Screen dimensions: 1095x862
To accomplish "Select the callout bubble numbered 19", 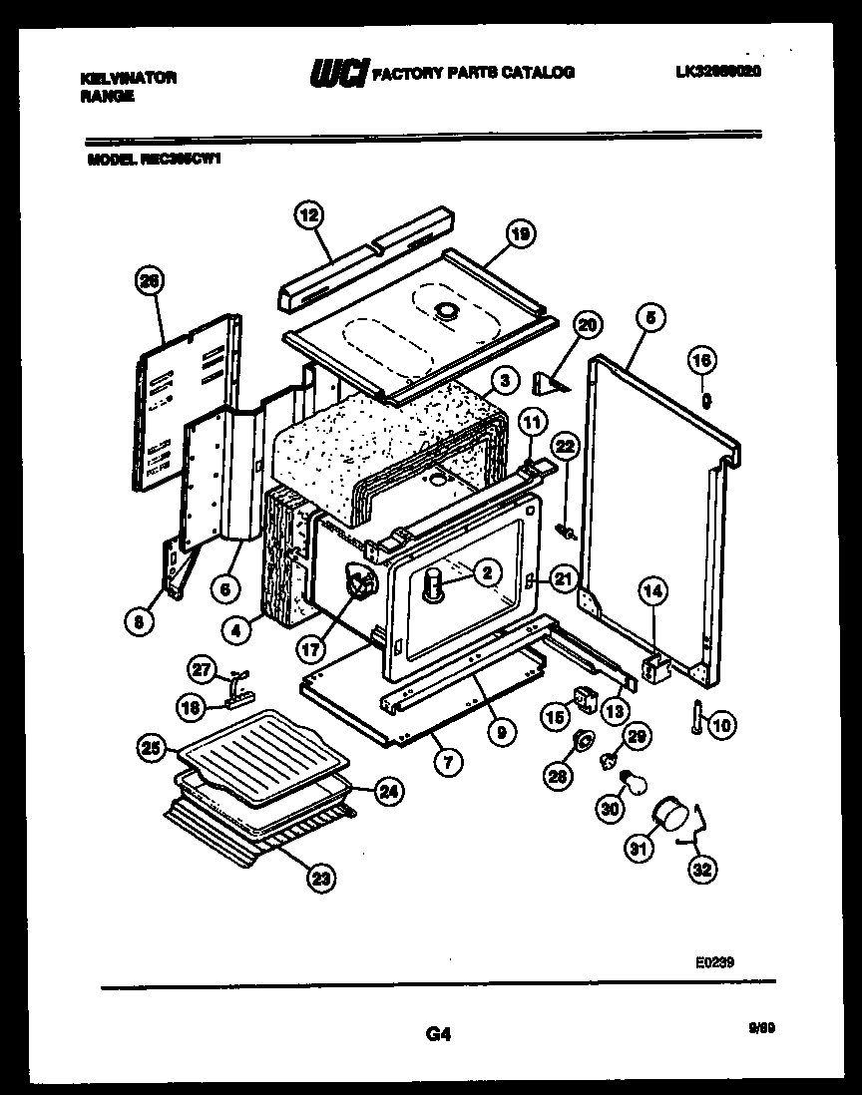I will pyautogui.click(x=518, y=235).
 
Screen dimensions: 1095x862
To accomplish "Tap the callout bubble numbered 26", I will pyautogui.click(x=149, y=282).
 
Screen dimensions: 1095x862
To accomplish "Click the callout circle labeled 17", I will pyautogui.click(x=310, y=645).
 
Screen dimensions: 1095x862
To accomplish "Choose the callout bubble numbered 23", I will pyautogui.click(x=319, y=879).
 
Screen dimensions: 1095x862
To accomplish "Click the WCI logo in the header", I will pyautogui.click(x=338, y=74).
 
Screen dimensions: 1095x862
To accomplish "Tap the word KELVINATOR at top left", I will pyautogui.click(x=127, y=78).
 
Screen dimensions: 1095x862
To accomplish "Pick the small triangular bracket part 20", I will pyautogui.click(x=550, y=382).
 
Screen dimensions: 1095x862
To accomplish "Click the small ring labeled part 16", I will pyautogui.click(x=704, y=399).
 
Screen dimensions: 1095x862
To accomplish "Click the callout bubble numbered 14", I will pyautogui.click(x=651, y=591).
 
